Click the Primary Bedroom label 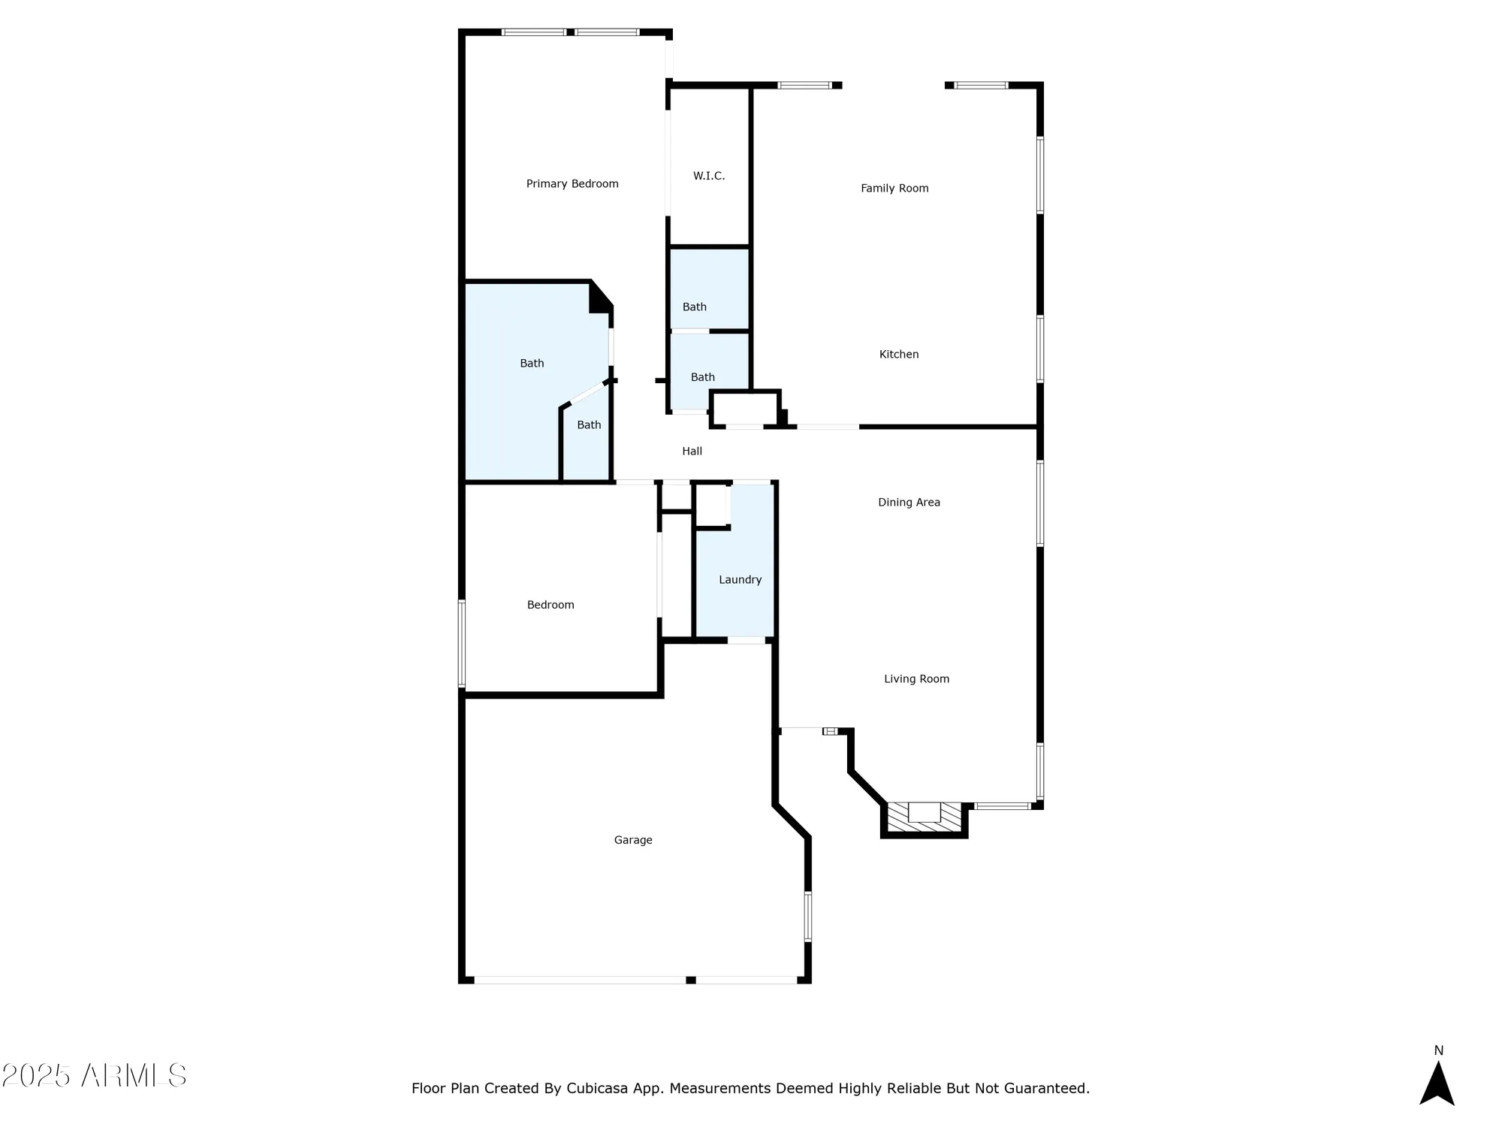[x=572, y=184]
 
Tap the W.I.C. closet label [x=709, y=176]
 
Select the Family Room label [x=894, y=189]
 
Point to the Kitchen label [x=899, y=355]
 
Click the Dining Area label [x=909, y=503]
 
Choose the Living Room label [x=916, y=679]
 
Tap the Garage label [x=633, y=840]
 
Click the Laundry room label [x=740, y=580]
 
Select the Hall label [x=692, y=452]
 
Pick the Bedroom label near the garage [x=550, y=605]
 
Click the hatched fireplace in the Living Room [x=924, y=818]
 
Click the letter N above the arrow [x=1438, y=1050]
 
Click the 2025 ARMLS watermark [x=94, y=1076]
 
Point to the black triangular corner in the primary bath [x=599, y=298]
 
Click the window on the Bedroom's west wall [x=462, y=643]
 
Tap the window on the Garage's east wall [x=808, y=916]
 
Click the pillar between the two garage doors [x=691, y=980]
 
